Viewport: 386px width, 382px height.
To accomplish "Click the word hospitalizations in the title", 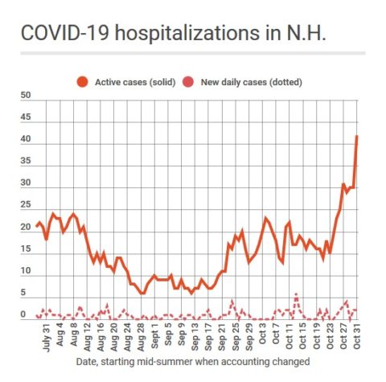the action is pyautogui.click(x=187, y=33).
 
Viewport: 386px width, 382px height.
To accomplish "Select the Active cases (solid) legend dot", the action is pyautogui.click(x=82, y=82).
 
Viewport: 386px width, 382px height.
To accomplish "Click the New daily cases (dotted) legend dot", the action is pyautogui.click(x=188, y=82).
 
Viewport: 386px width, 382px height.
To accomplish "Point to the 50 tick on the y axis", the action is pyautogui.click(x=26, y=96).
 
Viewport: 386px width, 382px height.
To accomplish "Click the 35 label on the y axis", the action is pyautogui.click(x=26, y=161).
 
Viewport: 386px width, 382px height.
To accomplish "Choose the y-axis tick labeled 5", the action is pyautogui.click(x=23, y=292).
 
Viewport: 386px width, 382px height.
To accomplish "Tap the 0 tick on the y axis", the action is pyautogui.click(x=23, y=314).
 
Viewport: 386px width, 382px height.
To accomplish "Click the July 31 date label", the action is pyautogui.click(x=47, y=339).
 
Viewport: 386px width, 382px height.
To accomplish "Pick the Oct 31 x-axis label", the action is pyautogui.click(x=357, y=337).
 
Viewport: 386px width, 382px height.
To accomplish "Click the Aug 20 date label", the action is pyautogui.click(x=114, y=339).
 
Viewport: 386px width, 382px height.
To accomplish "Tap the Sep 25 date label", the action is pyautogui.click(x=236, y=339).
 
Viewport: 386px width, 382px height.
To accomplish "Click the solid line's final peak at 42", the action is pyautogui.click(x=357, y=136).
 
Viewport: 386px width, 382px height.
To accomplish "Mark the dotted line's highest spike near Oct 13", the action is pyautogui.click(x=296, y=294).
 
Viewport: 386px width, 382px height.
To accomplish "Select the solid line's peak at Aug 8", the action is pyautogui.click(x=73, y=214).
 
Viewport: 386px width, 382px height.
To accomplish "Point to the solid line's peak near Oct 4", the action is pyautogui.click(x=265, y=218).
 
